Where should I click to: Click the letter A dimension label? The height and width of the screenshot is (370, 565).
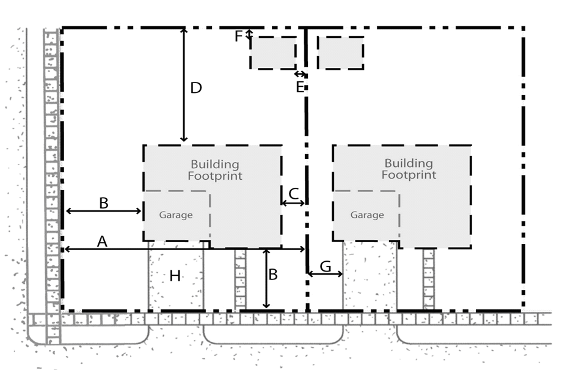[102, 242]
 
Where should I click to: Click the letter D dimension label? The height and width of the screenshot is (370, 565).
[195, 88]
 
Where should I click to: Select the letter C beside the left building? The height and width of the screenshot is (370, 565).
[293, 194]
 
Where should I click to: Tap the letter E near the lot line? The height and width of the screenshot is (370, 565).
[300, 87]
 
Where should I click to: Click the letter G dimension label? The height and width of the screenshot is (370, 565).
[326, 266]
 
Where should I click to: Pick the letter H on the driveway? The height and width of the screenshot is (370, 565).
[175, 276]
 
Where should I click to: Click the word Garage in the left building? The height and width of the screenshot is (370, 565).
[176, 215]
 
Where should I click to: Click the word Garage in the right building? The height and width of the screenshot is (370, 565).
[367, 215]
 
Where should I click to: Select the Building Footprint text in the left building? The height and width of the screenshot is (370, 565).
[214, 170]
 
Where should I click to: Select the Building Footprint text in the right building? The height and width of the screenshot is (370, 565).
[409, 169]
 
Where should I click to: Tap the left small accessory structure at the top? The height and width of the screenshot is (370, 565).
[273, 53]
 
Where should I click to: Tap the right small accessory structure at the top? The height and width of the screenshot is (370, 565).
[341, 53]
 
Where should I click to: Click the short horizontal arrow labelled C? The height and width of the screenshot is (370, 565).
[293, 203]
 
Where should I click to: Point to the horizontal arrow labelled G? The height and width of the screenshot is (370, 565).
[325, 274]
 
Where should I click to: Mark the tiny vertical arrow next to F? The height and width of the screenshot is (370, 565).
[249, 35]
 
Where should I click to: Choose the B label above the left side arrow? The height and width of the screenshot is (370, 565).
[103, 203]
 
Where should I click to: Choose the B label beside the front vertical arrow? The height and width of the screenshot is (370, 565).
[273, 275]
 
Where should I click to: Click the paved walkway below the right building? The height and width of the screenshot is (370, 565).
[428, 278]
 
